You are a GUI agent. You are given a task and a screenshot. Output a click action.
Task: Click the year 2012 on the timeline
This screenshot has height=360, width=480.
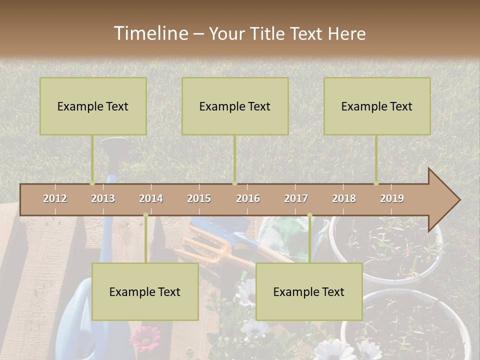[x=55, y=198]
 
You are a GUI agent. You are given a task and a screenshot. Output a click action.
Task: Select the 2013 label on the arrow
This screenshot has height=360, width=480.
[x=103, y=198]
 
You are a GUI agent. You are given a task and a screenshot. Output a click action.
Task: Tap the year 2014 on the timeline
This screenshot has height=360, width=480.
[x=151, y=198]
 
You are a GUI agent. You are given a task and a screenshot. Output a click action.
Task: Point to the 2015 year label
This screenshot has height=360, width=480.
[x=199, y=198]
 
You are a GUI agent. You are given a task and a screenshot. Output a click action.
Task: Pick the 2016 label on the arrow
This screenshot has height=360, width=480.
[x=248, y=198]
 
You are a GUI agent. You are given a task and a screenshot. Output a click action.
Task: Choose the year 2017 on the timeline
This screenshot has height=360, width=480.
[x=296, y=198]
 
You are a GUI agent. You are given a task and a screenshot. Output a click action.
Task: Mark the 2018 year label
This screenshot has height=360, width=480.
[x=344, y=198]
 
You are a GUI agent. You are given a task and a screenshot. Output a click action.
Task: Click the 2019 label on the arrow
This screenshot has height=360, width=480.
[x=392, y=198]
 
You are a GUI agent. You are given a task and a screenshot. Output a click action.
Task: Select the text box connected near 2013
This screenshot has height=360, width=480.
[x=93, y=106]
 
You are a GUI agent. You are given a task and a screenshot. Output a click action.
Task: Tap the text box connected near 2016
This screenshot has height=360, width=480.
[x=235, y=106]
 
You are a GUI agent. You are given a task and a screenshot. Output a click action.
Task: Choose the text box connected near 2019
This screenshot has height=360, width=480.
[x=377, y=106]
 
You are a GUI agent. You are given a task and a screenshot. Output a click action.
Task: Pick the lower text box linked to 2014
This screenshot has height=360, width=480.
[x=145, y=292]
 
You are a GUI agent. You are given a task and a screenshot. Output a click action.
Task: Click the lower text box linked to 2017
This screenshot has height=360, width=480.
[x=309, y=292]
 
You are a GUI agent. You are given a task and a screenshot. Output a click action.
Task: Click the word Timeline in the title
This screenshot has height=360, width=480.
[x=150, y=33]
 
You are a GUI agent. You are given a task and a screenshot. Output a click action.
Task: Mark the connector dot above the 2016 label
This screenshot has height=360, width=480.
[x=234, y=183]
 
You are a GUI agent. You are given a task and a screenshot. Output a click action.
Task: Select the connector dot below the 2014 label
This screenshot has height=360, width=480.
[x=145, y=215]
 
